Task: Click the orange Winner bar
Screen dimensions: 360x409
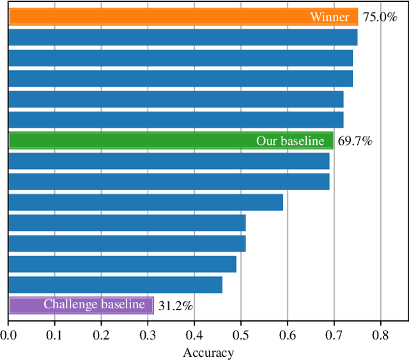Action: pyautogui.click(x=160, y=17)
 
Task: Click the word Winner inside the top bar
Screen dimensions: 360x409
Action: pyautogui.click(x=330, y=17)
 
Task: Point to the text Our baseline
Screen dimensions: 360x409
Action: pyautogui.click(x=290, y=141)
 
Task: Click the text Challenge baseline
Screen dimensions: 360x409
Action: pyautogui.click(x=94, y=305)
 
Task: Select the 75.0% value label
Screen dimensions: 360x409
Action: pyautogui.click(x=380, y=17)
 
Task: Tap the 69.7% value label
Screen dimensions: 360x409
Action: pyautogui.click(x=355, y=141)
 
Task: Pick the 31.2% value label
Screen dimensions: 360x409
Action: pyautogui.click(x=175, y=306)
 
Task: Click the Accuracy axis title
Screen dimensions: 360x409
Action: pyautogui.click(x=208, y=353)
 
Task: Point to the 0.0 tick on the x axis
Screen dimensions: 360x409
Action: pyautogui.click(x=8, y=334)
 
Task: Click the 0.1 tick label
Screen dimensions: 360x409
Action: pyautogui.click(x=55, y=334)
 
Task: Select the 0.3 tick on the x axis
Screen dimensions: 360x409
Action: pyautogui.click(x=148, y=334)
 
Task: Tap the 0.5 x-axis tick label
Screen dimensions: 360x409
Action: pyautogui.click(x=241, y=334)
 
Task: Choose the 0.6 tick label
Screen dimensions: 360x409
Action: pyautogui.click(x=288, y=334)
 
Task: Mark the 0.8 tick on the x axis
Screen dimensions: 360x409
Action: pyautogui.click(x=381, y=334)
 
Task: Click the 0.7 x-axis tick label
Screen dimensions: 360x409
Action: pyautogui.click(x=334, y=334)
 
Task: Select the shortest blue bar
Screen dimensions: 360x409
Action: pyautogui.click(x=115, y=285)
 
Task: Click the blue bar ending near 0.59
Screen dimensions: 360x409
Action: pyautogui.click(x=146, y=202)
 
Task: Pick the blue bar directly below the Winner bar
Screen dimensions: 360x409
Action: pyautogui.click(x=183, y=38)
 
